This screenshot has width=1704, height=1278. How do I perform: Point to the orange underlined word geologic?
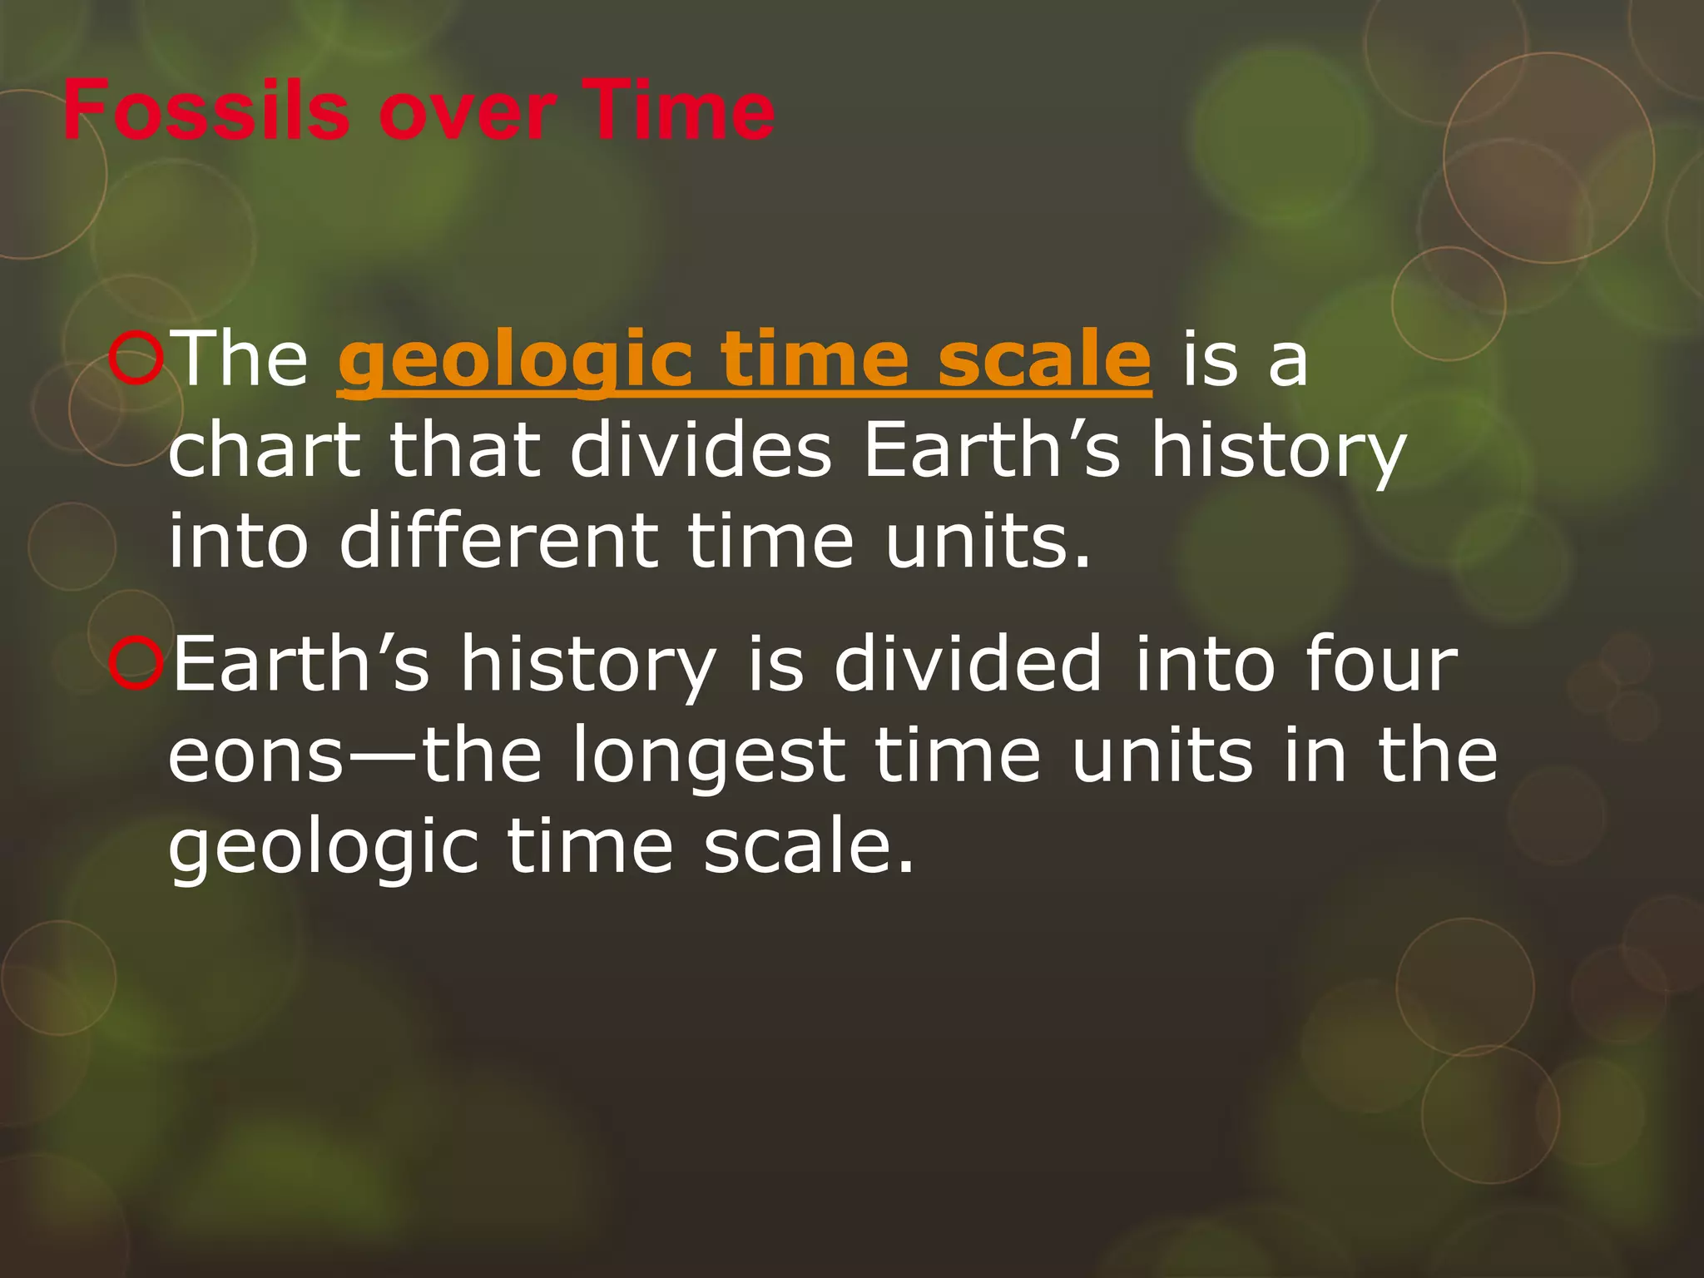pyautogui.click(x=514, y=361)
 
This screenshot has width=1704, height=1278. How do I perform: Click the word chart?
pyautogui.click(x=265, y=450)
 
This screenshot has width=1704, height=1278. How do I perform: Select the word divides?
pyautogui.click(x=701, y=450)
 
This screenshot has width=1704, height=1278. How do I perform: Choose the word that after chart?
pyautogui.click(x=466, y=450)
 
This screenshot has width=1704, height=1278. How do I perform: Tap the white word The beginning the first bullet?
pyautogui.click(x=242, y=358)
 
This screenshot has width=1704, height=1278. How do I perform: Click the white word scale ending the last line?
pyautogui.click(x=807, y=847)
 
